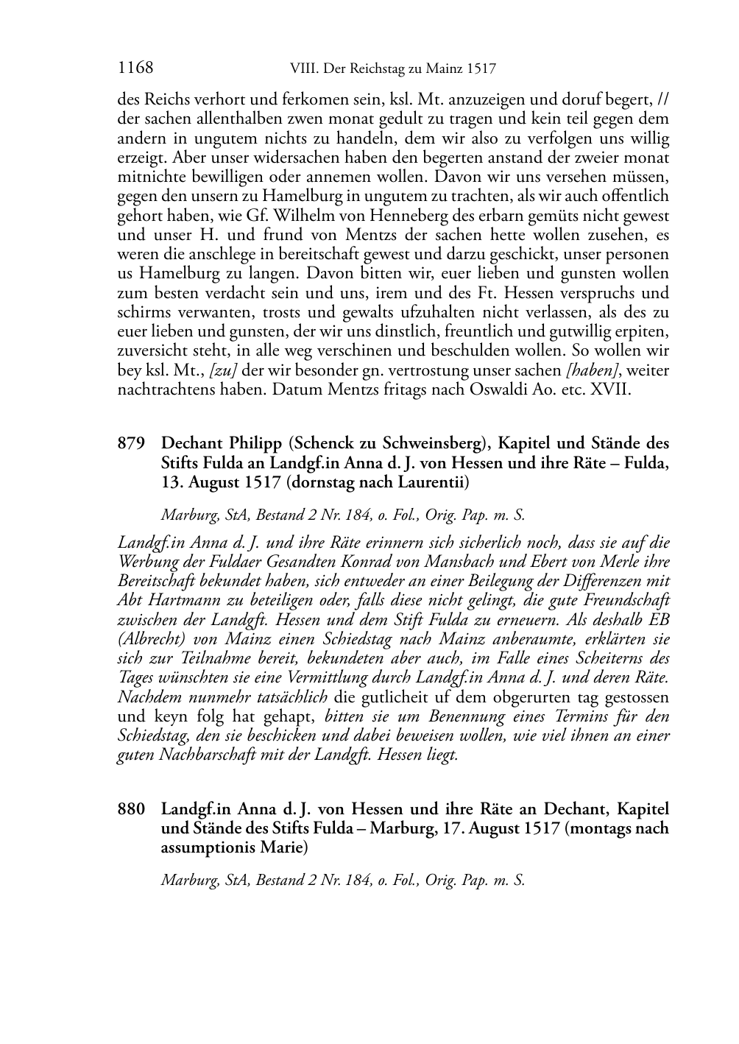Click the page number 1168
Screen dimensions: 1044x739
tap(135, 68)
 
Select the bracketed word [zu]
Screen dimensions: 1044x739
tap(223, 370)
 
